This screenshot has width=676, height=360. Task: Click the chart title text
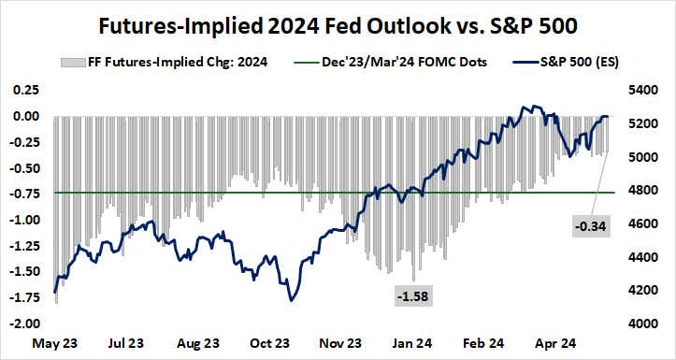(337, 22)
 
